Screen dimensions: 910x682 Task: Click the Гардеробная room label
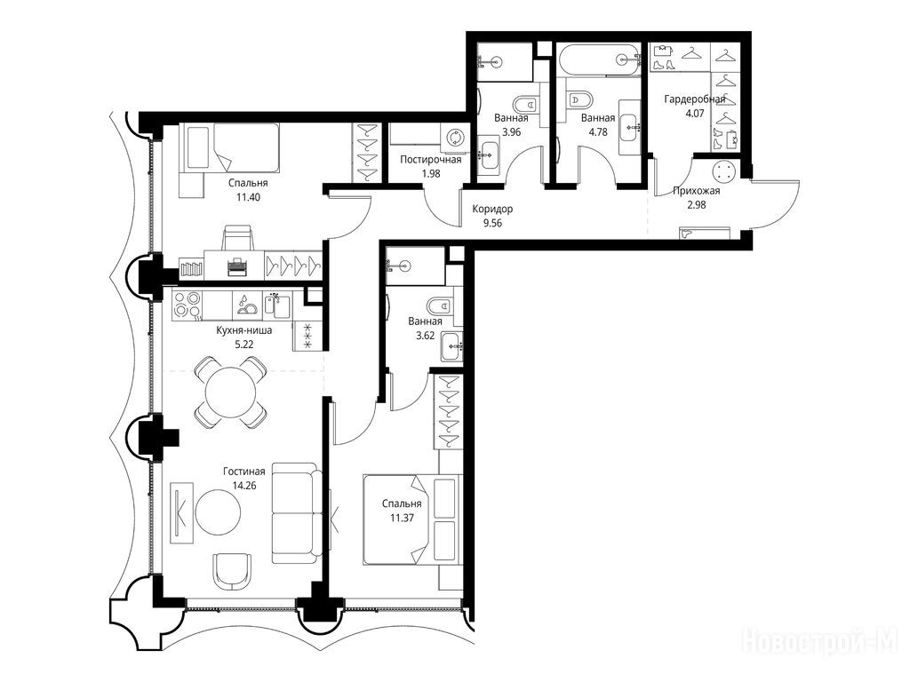tap(695, 99)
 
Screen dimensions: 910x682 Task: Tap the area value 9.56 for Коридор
tap(492, 223)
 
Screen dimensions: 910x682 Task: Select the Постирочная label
tap(431, 160)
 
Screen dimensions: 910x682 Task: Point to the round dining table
tap(231, 392)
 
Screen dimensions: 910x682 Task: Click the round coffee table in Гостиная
tap(218, 512)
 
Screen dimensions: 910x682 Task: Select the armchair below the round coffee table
tap(233, 571)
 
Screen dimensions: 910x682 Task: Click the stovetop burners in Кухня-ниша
tap(188, 305)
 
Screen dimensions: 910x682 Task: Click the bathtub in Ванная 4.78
tap(599, 59)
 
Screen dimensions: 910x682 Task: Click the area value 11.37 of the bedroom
tap(402, 518)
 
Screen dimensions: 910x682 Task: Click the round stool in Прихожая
tap(723, 171)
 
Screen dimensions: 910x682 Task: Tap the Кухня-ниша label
tap(243, 330)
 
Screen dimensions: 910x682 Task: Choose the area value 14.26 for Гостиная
tap(244, 486)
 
